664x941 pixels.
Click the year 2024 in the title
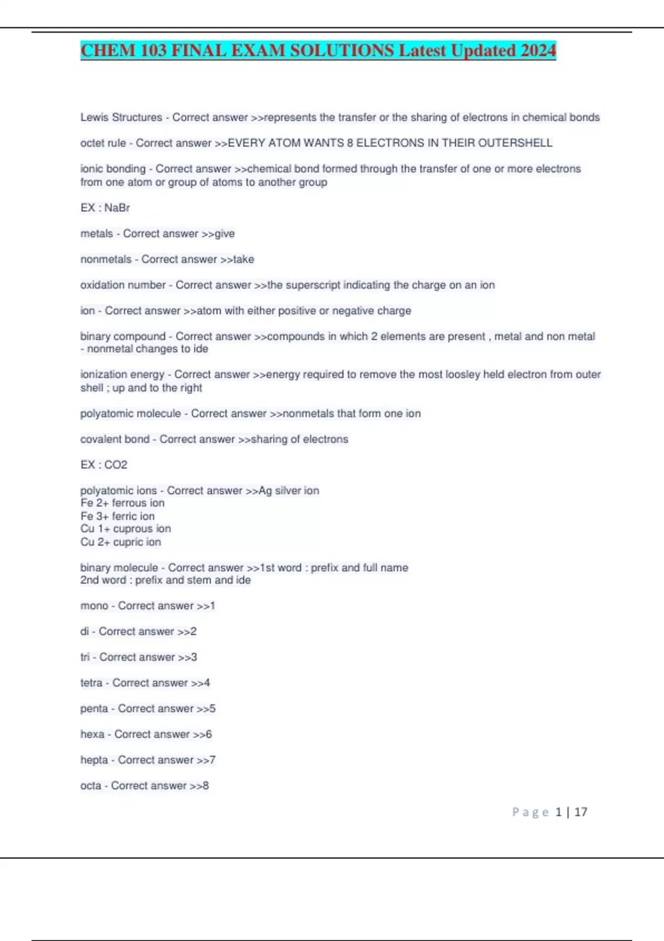(x=538, y=50)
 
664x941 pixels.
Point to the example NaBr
(x=117, y=208)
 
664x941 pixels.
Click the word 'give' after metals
(x=225, y=234)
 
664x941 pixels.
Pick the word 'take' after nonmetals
(x=244, y=259)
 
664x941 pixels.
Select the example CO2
(x=116, y=464)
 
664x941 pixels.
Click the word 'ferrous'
(x=130, y=503)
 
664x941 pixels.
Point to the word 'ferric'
(x=126, y=516)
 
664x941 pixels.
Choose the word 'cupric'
(x=128, y=542)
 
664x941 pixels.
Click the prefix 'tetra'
(x=91, y=683)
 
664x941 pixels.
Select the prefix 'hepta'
(x=94, y=759)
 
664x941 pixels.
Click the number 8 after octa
(x=206, y=785)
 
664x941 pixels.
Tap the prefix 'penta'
(x=94, y=709)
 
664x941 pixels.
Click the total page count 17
(x=580, y=812)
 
